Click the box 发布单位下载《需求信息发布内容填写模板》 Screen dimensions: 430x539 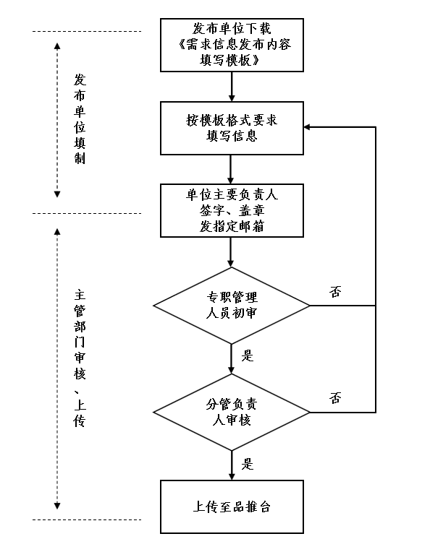point(232,45)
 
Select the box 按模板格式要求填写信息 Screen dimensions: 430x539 point(232,128)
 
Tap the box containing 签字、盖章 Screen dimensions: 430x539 point(232,211)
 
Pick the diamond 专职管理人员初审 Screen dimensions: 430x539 point(232,306)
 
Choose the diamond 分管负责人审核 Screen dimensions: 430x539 point(232,412)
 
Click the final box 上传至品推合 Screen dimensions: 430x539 point(232,506)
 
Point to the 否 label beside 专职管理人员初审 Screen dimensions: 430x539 point(335,292)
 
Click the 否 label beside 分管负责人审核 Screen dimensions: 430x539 point(335,398)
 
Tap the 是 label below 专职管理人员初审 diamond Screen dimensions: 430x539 point(247,355)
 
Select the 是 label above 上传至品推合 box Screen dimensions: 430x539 point(247,464)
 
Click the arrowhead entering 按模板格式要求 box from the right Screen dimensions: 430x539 point(307,127)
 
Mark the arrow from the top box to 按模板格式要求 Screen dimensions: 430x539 point(232,87)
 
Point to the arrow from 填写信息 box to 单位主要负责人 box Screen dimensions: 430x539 point(231,170)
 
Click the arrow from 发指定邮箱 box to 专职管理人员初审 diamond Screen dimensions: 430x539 point(231,252)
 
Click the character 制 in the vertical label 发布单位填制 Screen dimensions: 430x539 point(80,158)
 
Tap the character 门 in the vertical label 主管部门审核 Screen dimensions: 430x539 point(80,342)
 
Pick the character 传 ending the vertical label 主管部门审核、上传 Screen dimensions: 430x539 point(80,421)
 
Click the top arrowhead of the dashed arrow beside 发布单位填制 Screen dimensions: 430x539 point(57,46)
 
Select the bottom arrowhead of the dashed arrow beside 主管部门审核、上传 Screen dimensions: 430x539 point(57,506)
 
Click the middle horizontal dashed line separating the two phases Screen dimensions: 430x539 point(87,213)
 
